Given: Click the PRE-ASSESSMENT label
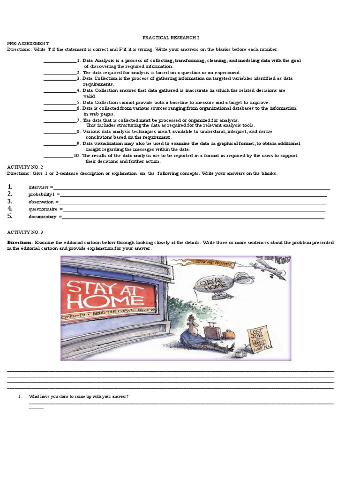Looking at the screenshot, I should click(28, 43).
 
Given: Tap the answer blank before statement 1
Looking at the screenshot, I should click(60, 61).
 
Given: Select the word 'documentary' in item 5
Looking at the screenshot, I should click(42, 217).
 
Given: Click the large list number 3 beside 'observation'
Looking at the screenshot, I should click(10, 201).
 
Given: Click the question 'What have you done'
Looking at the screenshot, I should click(78, 397).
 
